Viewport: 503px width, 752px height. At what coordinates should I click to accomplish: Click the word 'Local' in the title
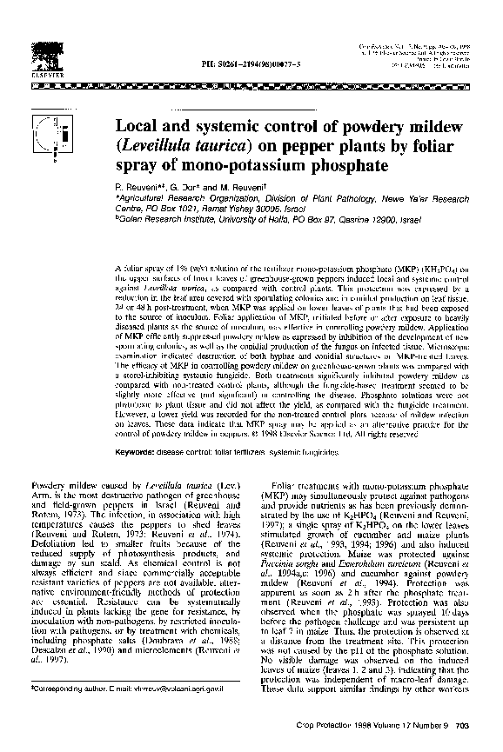click(x=144, y=126)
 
